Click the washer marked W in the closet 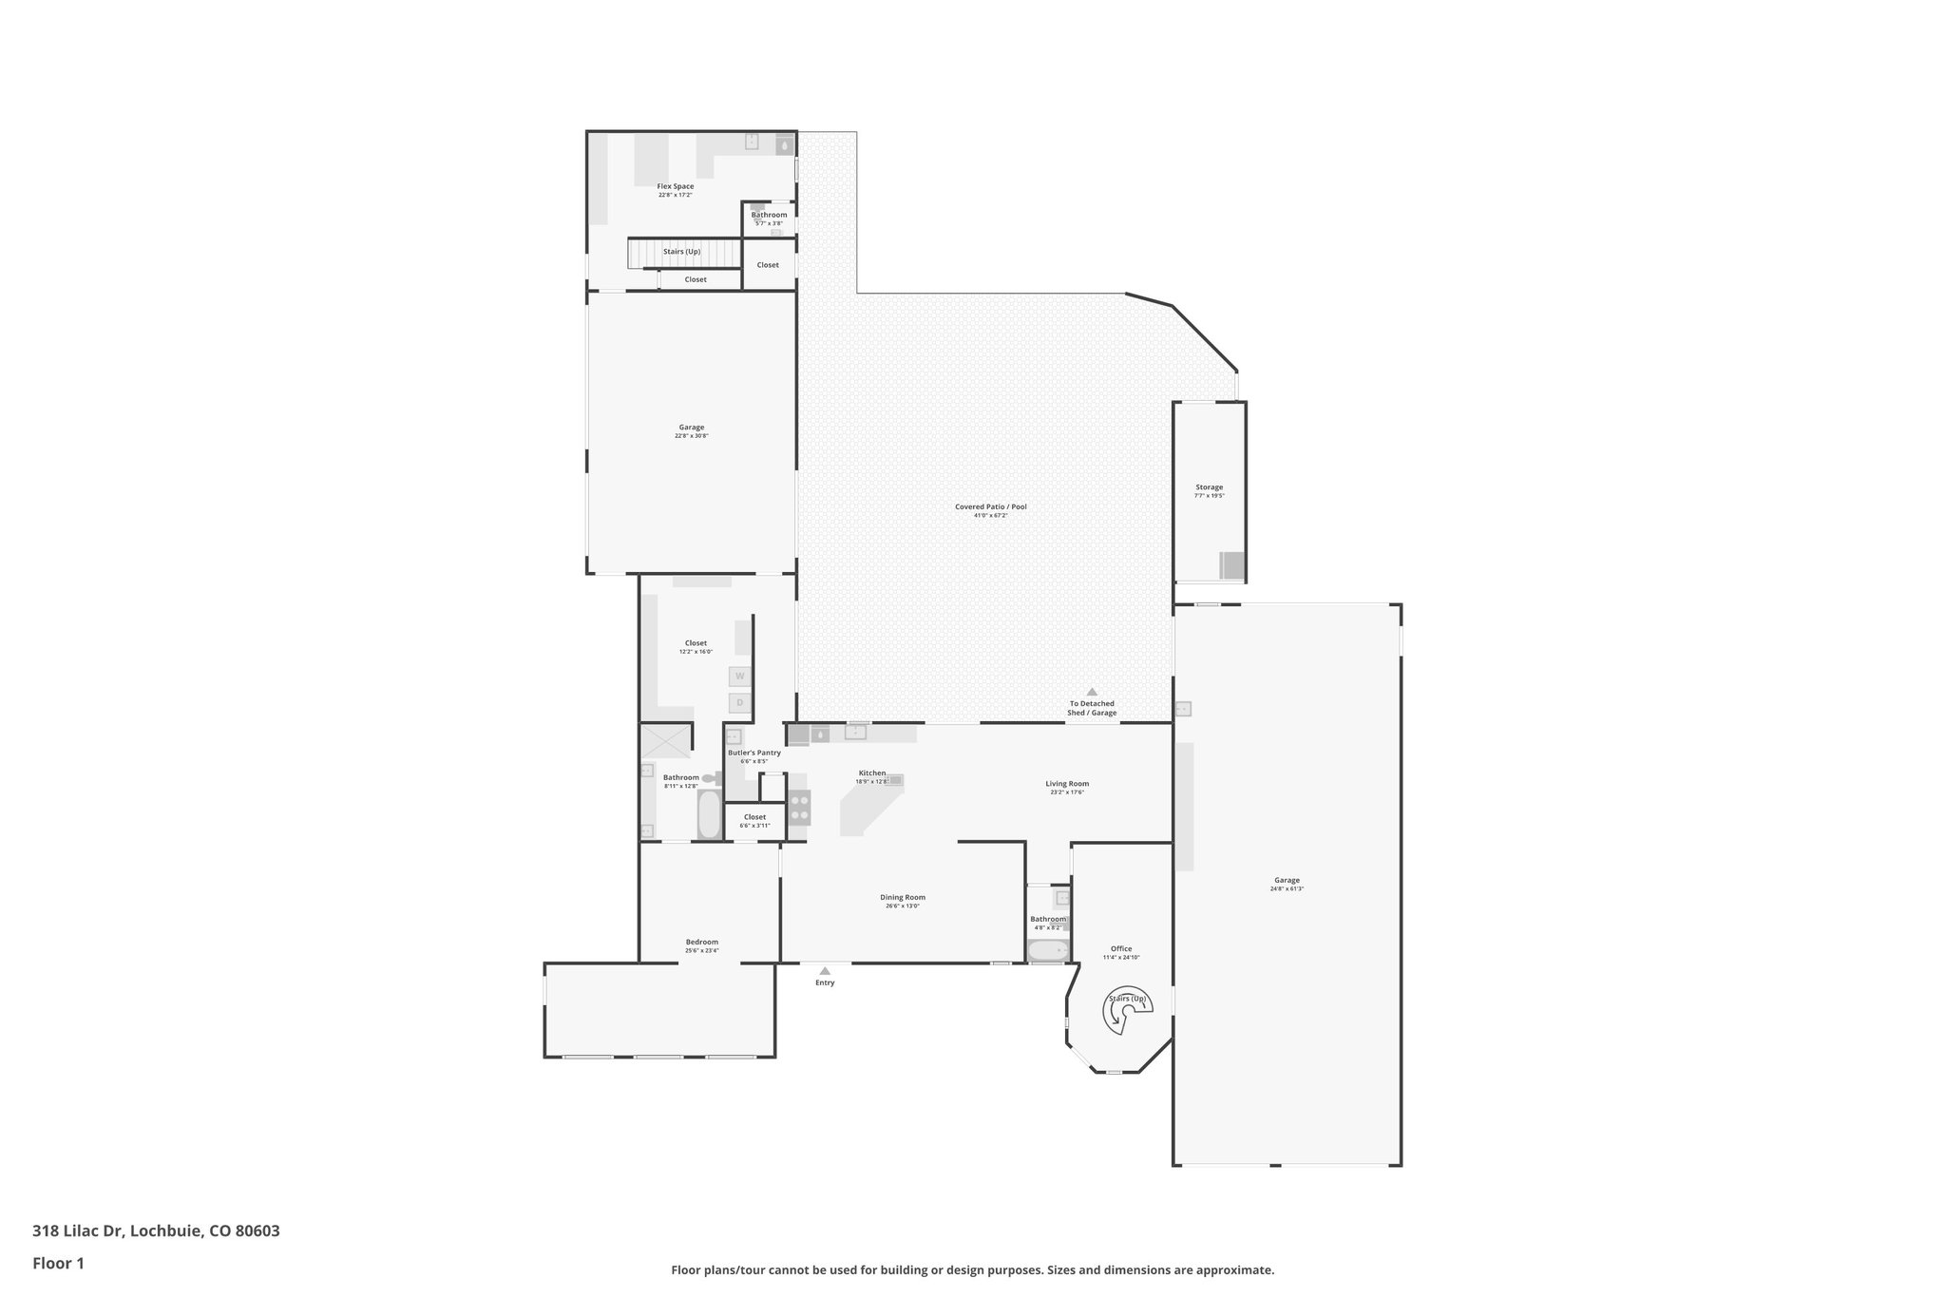739,677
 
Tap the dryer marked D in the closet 739,703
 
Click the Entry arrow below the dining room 825,971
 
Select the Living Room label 1067,784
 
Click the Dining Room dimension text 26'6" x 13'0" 902,906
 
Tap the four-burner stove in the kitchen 800,808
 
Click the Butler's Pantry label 754,753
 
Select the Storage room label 1209,487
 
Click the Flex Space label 676,186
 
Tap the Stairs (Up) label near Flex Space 682,252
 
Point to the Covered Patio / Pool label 991,506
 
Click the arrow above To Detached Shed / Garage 1092,692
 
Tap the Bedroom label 702,942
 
